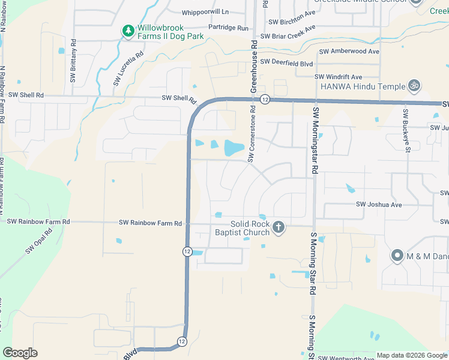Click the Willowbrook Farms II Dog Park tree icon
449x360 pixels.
tap(128, 31)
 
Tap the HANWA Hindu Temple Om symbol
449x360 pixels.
tap(413, 86)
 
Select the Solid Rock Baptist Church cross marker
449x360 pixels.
tap(278, 227)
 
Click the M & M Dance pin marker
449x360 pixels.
tap(397, 256)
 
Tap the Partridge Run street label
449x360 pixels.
tap(228, 28)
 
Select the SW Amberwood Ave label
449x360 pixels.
tap(349, 52)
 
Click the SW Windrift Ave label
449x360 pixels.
tap(339, 77)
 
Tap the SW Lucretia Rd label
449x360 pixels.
tap(128, 68)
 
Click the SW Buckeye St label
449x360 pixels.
tap(406, 131)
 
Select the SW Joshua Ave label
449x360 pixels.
tap(379, 205)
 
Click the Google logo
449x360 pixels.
tap(20, 353)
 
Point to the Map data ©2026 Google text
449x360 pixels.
tap(412, 355)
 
